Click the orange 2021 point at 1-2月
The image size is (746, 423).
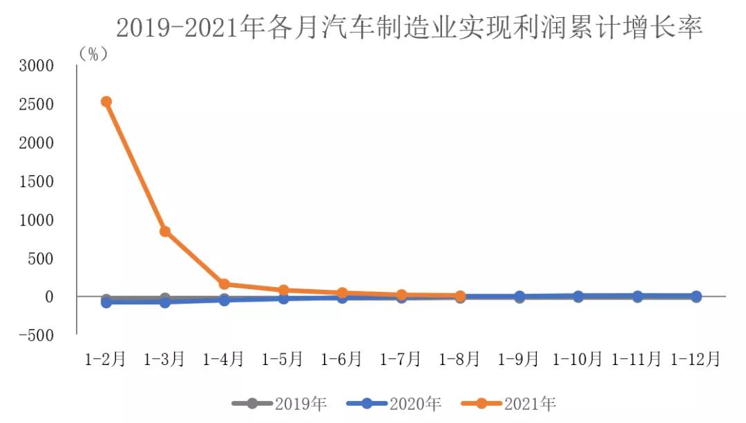coord(106,101)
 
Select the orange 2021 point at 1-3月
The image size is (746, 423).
coord(165,231)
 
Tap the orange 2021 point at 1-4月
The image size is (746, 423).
coord(224,284)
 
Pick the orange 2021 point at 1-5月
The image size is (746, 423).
coord(283,290)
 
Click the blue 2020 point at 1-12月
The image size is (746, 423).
coord(696,296)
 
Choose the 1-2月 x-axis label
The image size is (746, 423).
coord(106,359)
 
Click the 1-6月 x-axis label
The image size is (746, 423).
coord(342,359)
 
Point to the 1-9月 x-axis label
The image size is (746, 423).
coord(519,359)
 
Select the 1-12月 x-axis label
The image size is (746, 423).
coord(696,359)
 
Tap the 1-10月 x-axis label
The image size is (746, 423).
coord(577,359)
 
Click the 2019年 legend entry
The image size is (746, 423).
coord(279,403)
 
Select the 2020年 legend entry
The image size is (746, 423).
coord(394,403)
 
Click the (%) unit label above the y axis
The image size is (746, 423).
coord(94,54)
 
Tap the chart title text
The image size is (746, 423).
coord(409,28)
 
